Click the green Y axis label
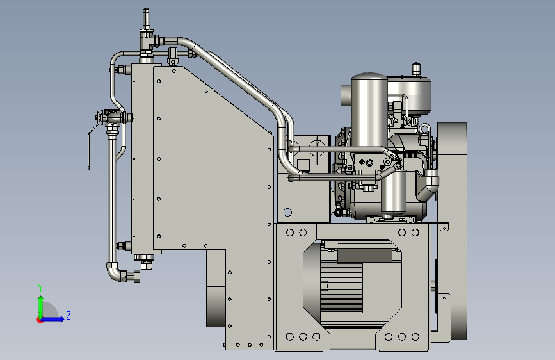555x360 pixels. click(40, 288)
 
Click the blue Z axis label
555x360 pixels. click(68, 315)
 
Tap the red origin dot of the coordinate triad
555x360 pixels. click(40, 320)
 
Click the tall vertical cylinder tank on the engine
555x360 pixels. click(369, 111)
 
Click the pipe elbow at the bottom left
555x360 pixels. click(115, 272)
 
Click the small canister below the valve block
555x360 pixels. click(394, 193)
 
